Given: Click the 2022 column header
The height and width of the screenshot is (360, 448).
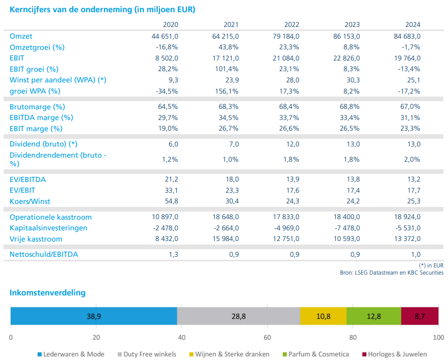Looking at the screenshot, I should pos(291,25).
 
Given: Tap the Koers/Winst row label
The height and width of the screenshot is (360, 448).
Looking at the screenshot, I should pos(30,201).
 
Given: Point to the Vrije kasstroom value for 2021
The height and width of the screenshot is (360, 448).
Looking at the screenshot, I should pos(225,239).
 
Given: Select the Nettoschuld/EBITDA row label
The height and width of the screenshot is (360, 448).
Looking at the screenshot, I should pos(44,254).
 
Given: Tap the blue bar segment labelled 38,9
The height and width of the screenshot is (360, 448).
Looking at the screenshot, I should pos(93,316).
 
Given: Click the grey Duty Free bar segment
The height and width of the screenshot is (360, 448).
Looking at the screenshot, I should pos(239,316).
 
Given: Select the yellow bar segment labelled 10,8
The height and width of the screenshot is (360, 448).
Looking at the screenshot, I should pos(324,316).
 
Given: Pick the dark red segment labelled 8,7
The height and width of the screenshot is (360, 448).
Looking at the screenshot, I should pos(420,316).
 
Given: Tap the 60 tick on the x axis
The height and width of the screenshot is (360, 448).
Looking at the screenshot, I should pos(267,337).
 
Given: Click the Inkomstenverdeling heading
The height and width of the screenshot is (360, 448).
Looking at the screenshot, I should pos(47,293).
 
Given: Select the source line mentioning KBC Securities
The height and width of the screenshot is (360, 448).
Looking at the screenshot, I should pos(391,273).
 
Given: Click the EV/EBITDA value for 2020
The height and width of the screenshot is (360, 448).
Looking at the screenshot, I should pos(171,179).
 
